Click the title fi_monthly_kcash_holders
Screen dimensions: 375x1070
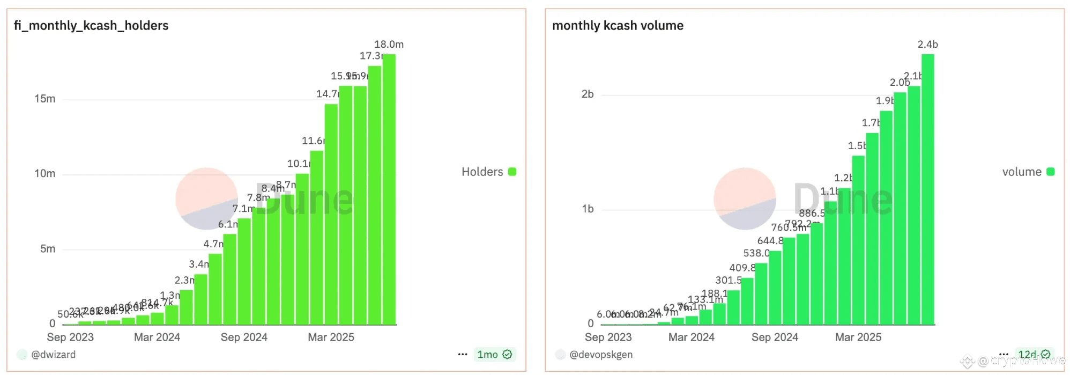[91, 26]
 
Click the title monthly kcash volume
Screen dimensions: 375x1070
[618, 26]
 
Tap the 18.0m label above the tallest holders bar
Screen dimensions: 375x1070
[389, 45]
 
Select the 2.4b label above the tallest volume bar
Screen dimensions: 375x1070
[927, 45]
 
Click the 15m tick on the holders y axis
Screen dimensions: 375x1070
[45, 99]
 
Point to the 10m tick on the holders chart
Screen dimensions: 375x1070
[45, 174]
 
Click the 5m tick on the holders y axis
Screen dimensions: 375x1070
[48, 249]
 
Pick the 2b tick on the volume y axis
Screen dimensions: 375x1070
[588, 94]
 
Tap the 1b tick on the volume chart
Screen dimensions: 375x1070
[588, 209]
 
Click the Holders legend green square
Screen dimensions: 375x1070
[512, 172]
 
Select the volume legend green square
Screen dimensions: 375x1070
[1050, 172]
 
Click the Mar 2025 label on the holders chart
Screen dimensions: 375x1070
[331, 337]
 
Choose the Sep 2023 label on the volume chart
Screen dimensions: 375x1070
[608, 337]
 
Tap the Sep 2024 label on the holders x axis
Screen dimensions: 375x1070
[244, 337]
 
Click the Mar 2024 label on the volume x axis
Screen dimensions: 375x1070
[691, 337]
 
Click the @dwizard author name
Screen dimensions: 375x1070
[53, 355]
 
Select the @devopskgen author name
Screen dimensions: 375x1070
[601, 355]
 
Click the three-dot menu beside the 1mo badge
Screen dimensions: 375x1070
[463, 355]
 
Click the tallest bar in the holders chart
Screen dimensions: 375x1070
[389, 188]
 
